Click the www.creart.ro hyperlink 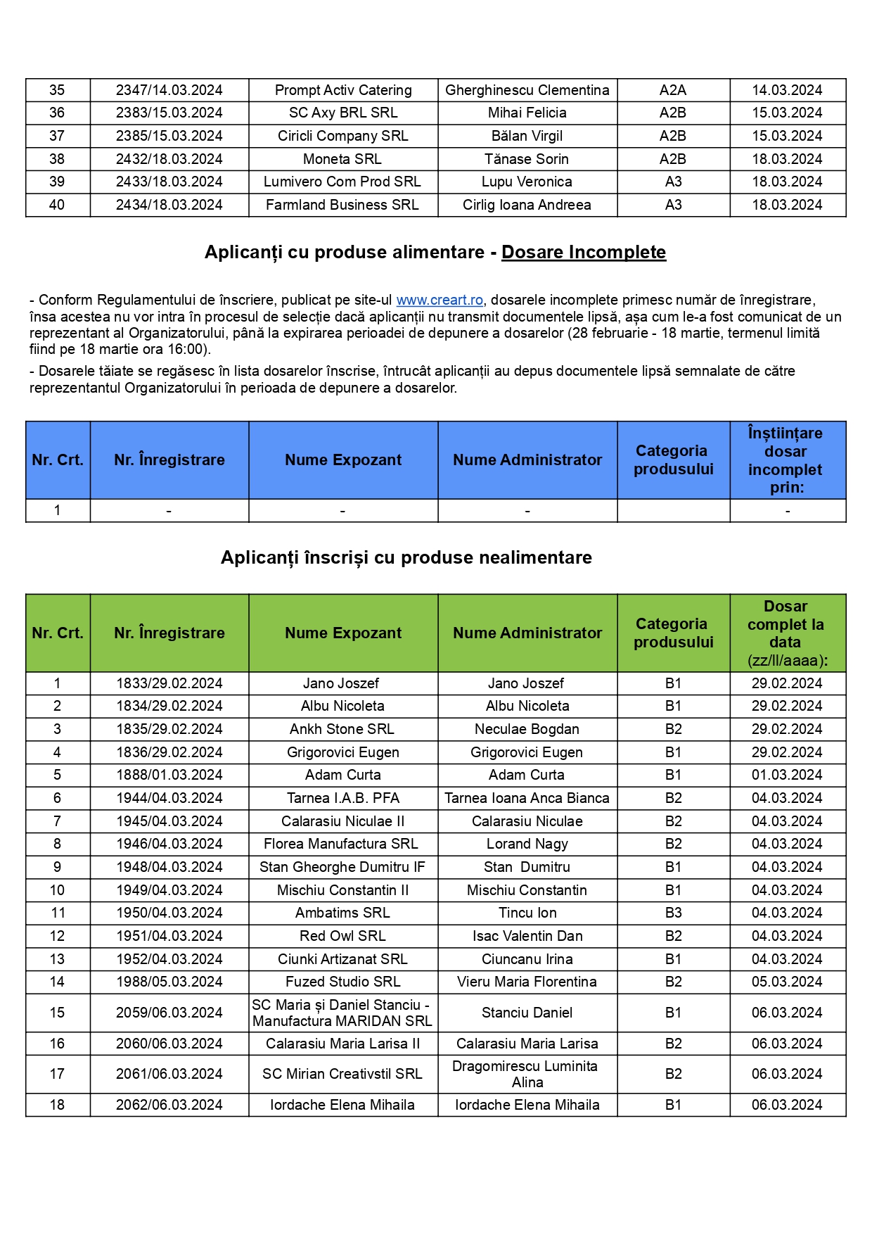coord(440,300)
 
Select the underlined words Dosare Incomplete coord(583,252)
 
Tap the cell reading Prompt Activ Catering coord(343,90)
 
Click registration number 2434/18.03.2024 coord(169,205)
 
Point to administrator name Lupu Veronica coord(527,182)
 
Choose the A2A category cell coord(673,90)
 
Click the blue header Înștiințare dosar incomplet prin coord(786,460)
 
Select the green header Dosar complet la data coord(786,633)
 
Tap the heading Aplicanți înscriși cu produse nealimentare coord(406,557)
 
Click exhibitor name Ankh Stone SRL coord(342,729)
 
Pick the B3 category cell coord(673,913)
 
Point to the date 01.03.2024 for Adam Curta coord(786,775)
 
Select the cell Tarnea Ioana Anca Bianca coord(527,798)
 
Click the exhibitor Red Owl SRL coord(342,936)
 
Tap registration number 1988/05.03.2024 coord(169,982)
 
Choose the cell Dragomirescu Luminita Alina coord(527,1074)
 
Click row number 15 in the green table coord(57,1013)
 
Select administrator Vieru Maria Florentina coord(527,982)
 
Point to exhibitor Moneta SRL coord(342,159)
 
